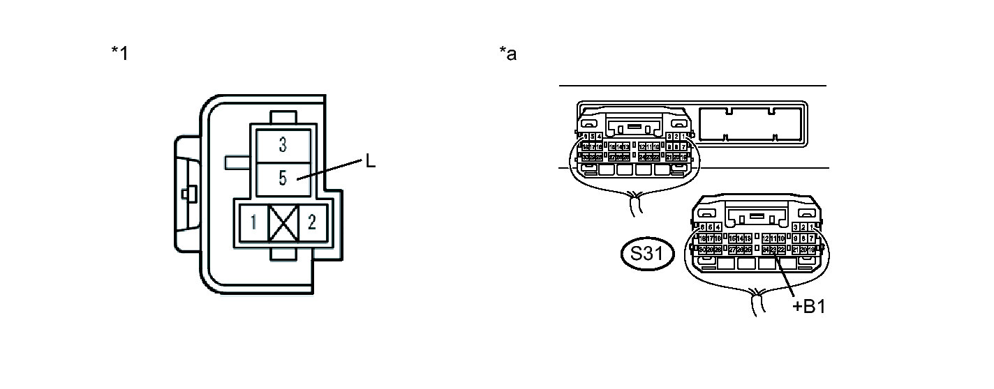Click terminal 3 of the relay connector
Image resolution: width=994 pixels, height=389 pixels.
283,145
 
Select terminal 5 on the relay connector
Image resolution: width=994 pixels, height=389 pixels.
283,178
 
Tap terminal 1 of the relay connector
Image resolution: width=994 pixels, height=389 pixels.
254,223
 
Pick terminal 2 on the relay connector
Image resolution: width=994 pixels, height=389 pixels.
312,223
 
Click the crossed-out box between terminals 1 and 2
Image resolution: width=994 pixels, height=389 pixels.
283,223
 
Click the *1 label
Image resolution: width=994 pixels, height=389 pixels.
120,53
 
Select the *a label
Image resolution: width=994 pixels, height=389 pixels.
508,53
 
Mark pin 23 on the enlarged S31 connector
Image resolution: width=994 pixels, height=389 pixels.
773,250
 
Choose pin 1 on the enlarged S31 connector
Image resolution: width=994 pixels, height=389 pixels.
812,227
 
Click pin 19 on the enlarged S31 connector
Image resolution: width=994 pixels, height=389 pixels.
812,250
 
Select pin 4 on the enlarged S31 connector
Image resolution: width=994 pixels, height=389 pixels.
718,227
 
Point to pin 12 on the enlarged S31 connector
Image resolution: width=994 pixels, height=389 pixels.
766,238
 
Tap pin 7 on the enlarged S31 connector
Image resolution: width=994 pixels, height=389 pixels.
812,238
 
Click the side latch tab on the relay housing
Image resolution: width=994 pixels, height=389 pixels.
186,193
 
